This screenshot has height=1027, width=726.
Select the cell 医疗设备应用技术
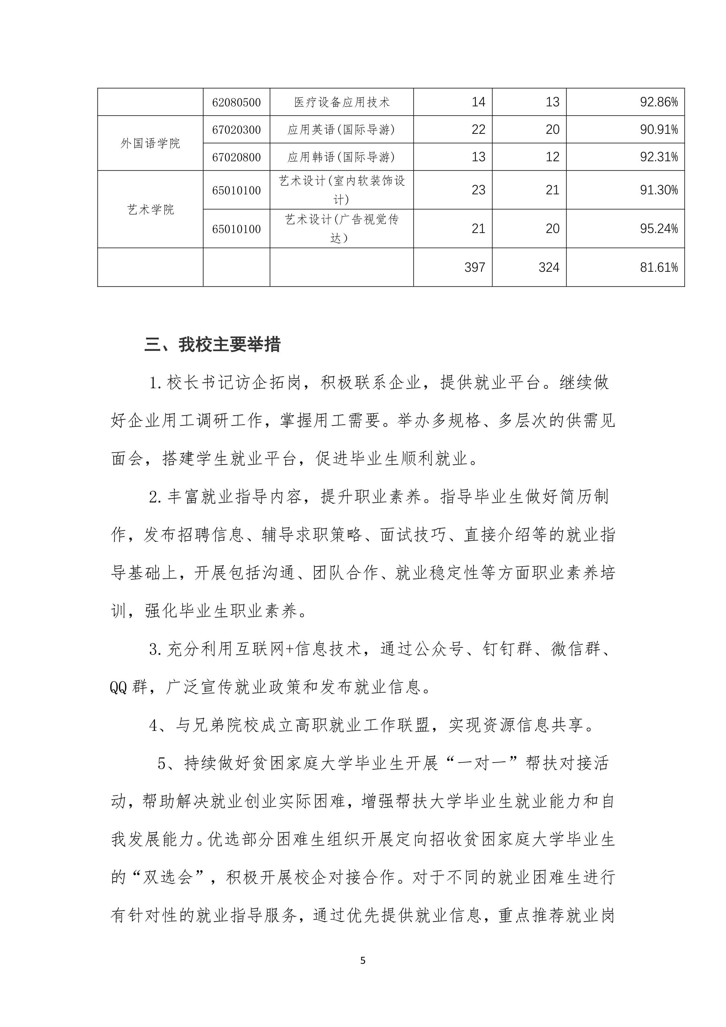(x=342, y=102)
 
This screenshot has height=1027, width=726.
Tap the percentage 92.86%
(x=658, y=102)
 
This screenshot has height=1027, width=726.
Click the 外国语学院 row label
(x=150, y=143)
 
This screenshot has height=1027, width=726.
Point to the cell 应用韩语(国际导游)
(x=342, y=157)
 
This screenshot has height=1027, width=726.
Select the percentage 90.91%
(x=658, y=130)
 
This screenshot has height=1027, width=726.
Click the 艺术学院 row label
(x=150, y=209)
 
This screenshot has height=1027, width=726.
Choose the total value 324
(x=549, y=267)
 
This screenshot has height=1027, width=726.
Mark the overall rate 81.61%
(x=658, y=267)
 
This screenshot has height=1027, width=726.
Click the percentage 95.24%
(x=658, y=229)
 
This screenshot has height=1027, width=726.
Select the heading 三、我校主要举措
(x=212, y=345)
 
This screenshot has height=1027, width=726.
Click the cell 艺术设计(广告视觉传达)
(x=342, y=229)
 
